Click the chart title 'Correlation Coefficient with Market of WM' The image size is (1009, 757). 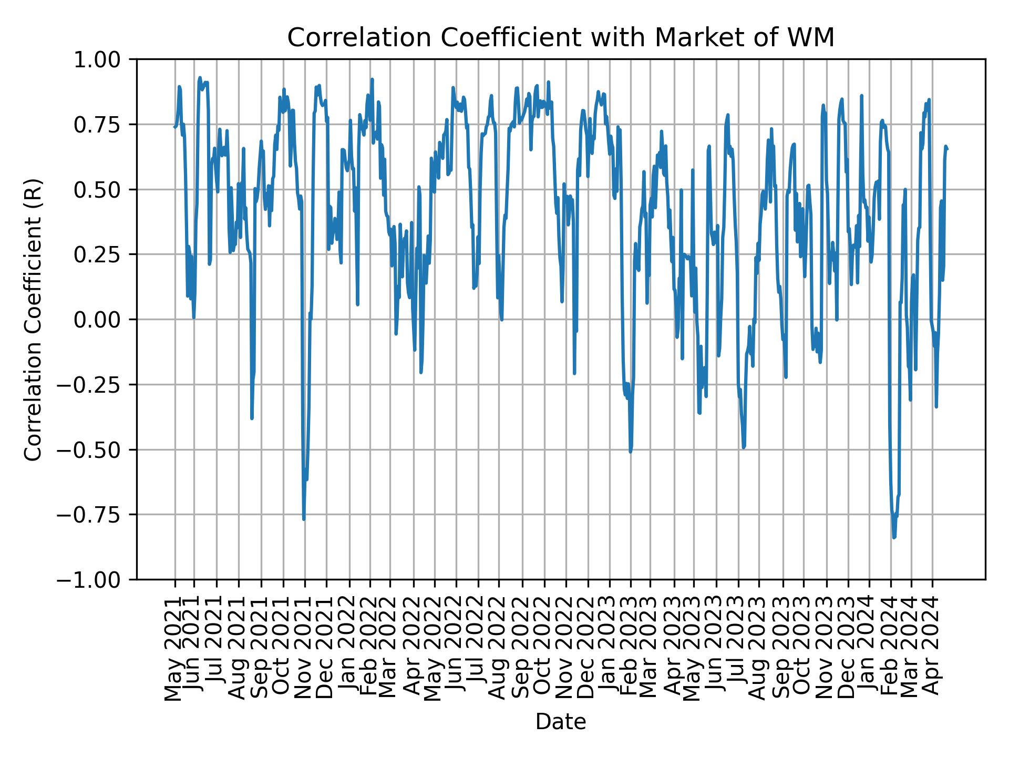[560, 38]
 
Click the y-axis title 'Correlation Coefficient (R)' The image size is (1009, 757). [33, 319]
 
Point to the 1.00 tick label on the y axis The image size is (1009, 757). [104, 59]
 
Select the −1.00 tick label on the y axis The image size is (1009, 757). [97, 579]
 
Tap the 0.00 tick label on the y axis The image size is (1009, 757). [104, 320]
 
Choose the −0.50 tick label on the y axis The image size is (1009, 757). [97, 449]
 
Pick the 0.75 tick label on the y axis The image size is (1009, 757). [104, 125]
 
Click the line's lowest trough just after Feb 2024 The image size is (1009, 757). [894, 537]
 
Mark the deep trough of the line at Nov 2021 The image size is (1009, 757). [304, 519]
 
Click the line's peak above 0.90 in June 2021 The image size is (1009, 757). [200, 78]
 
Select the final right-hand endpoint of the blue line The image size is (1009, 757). [948, 149]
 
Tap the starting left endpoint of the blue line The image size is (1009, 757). [174, 127]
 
